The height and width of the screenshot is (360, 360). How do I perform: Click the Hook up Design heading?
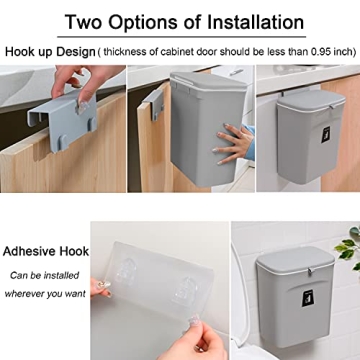point(49,50)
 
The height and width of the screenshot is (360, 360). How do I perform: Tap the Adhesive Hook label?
point(46,251)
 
